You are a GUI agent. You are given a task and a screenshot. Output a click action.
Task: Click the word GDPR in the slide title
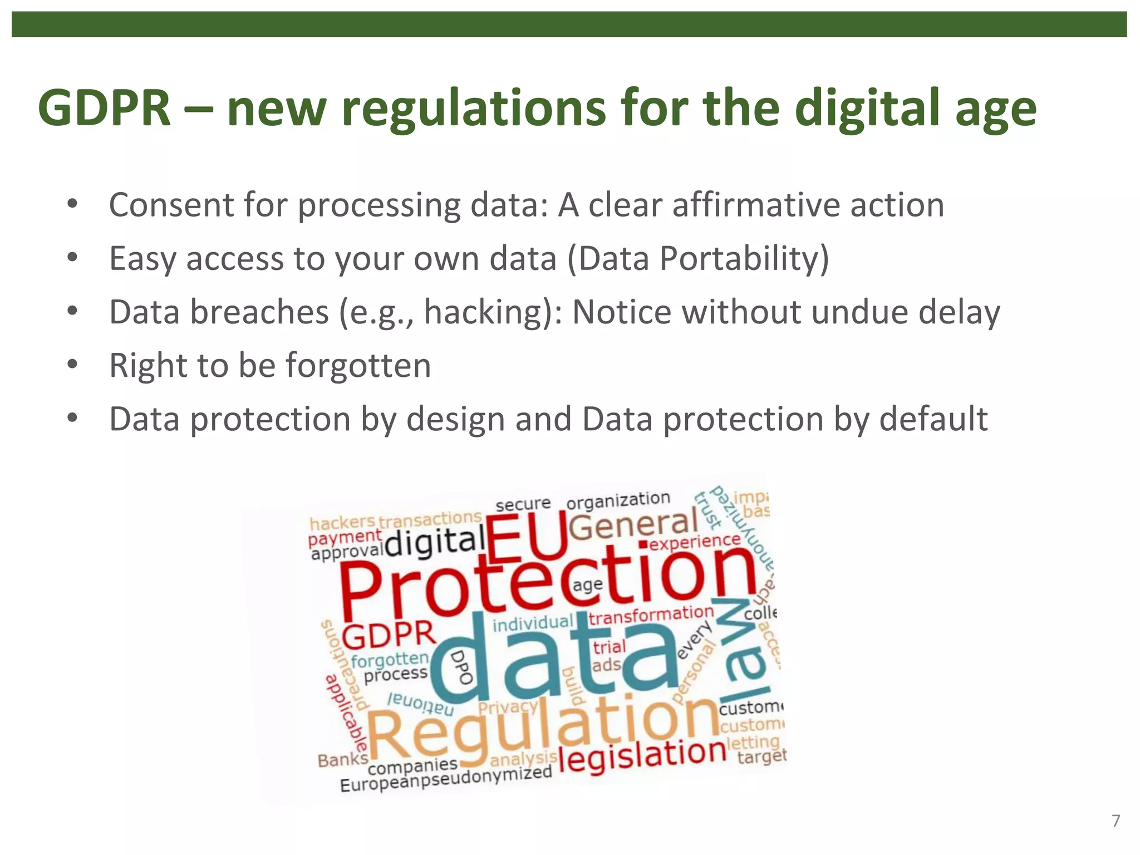pos(104,108)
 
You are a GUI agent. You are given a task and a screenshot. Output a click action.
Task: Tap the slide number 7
pos(1116,821)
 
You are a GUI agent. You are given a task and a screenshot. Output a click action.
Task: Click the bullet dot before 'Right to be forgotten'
pos(72,365)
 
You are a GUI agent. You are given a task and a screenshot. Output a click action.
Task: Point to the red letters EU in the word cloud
pos(526,537)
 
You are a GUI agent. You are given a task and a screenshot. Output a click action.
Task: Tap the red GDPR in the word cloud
pos(388,635)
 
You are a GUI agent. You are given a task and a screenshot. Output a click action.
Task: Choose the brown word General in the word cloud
pos(633,525)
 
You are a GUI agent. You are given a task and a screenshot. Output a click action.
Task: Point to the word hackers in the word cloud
pos(342,523)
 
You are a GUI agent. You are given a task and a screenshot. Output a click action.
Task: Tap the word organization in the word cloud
pos(618,500)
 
